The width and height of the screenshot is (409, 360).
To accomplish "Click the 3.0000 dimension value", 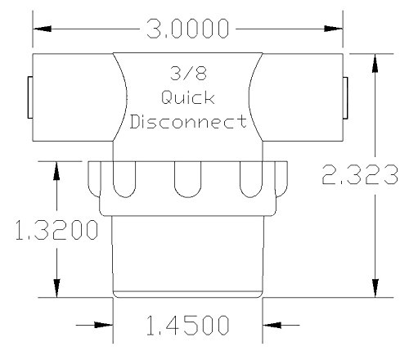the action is tap(187, 29).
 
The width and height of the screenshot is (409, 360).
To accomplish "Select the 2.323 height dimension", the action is tap(360, 175).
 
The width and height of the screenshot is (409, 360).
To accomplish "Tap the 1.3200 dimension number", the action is tap(56, 230).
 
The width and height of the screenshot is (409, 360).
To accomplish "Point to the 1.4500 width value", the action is tap(187, 325).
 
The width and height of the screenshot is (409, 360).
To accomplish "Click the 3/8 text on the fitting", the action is tap(188, 74).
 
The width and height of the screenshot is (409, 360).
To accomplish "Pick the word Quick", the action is tap(188, 97).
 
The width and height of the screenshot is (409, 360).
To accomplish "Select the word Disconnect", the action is tap(188, 121).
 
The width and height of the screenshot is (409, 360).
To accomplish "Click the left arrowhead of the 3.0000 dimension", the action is tap(42, 29).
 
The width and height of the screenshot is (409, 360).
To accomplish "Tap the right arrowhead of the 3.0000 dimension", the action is tap(333, 29).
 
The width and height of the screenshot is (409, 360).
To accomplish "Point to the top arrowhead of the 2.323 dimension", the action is tap(375, 63).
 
